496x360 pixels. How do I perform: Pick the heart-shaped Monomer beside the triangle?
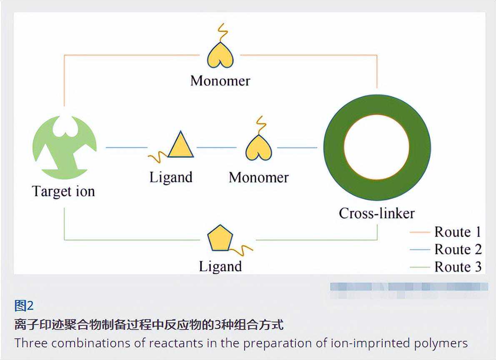(x=258, y=148)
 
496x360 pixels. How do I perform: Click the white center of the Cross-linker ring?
(x=377, y=147)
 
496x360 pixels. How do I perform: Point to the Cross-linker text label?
(x=377, y=213)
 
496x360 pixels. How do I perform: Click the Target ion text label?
(x=63, y=191)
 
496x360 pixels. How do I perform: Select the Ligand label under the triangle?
(x=171, y=177)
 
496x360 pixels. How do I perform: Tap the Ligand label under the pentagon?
(x=220, y=266)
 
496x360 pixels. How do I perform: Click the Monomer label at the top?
(x=220, y=80)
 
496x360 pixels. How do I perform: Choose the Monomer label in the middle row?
(x=258, y=177)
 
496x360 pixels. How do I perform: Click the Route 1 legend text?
(x=458, y=232)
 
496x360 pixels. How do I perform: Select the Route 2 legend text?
(x=458, y=249)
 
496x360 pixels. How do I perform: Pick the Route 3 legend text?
(x=458, y=267)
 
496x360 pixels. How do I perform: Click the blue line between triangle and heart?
(x=216, y=147)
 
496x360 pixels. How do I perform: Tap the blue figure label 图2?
(x=24, y=306)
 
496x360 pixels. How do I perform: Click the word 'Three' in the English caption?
(x=31, y=343)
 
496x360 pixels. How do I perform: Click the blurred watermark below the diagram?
(x=408, y=287)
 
